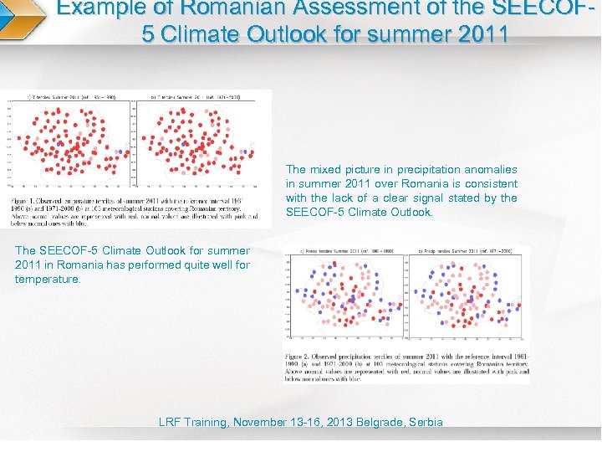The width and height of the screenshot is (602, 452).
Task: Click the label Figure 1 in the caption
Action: coord(25,201)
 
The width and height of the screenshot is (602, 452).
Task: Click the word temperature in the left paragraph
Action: coord(48,280)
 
